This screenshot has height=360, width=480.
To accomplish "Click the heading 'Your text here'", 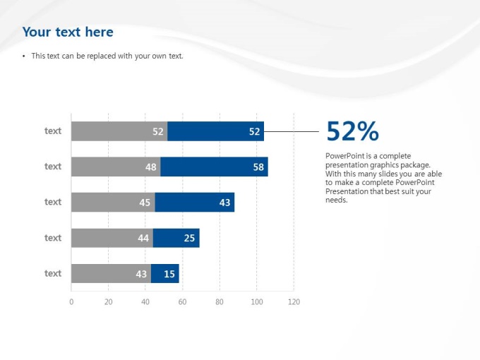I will pos(68,32).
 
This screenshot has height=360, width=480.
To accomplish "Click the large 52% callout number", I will pos(352,131).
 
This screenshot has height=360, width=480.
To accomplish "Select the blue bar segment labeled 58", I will pos(214,167).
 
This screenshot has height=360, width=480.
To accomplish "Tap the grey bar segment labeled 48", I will pos(116,167).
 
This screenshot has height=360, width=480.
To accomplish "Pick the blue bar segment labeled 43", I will pos(194,202).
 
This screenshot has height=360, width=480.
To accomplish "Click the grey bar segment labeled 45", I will pos(113,202).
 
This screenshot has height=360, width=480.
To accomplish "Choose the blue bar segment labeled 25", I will pos(176,238).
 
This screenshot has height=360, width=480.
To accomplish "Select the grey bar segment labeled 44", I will pos(112,238).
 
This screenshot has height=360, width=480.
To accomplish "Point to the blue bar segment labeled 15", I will pos(164,273).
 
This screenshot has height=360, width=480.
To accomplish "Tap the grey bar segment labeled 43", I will pos(111,273).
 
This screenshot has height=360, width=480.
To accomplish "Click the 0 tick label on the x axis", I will pos(71,302).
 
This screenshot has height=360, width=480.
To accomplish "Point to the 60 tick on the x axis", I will pos(182,302).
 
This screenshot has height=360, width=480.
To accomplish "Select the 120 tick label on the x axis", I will pos(294,302).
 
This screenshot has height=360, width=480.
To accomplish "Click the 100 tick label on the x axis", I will pos(256,302).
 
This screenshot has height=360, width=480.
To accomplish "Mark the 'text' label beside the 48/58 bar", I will pos(53,167).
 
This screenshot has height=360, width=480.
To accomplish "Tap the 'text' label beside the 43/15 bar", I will pos(53,273).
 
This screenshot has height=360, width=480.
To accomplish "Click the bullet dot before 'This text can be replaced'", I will pos(24,56).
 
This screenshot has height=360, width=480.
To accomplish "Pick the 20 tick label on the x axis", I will pos(108,302).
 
